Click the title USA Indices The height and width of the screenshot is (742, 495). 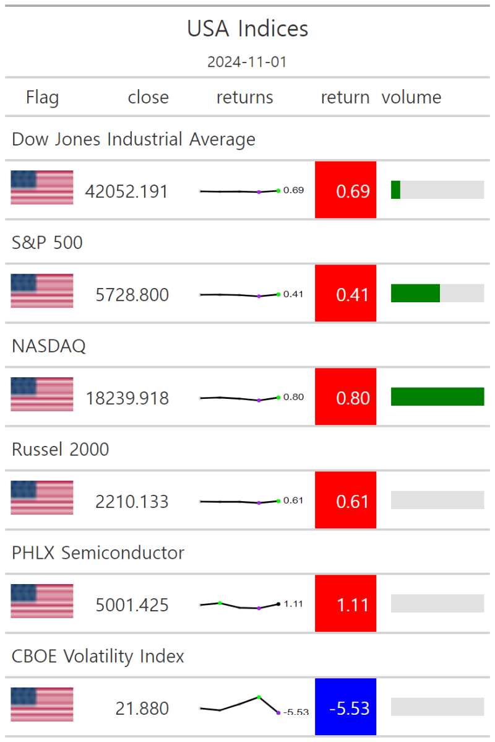coord(247,28)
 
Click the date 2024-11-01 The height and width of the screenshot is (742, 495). coord(247,62)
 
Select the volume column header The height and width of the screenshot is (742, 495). coord(411,97)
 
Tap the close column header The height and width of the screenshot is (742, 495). coord(148,97)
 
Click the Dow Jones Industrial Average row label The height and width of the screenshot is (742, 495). coord(134,139)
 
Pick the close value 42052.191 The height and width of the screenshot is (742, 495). coord(126,191)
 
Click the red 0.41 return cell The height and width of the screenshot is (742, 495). coord(345,294)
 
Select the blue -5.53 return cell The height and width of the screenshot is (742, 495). coord(345,707)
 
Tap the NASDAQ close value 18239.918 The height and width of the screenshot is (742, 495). coord(126,398)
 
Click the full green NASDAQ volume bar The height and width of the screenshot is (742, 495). coord(437,396)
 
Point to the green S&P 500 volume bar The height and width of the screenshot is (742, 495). coord(415,293)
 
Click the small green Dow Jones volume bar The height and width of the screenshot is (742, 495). coord(395,190)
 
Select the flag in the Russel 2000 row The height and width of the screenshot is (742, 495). coord(42,497)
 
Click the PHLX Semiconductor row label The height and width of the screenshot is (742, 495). coord(98,552)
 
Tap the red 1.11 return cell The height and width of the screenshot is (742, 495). coord(345,604)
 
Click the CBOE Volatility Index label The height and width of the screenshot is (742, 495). coord(98,656)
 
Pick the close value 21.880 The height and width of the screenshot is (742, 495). coord(142,708)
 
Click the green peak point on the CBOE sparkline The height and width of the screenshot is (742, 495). coord(259,697)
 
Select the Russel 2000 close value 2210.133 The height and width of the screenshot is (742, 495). coord(131,501)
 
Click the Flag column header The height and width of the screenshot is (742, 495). coord(42,97)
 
